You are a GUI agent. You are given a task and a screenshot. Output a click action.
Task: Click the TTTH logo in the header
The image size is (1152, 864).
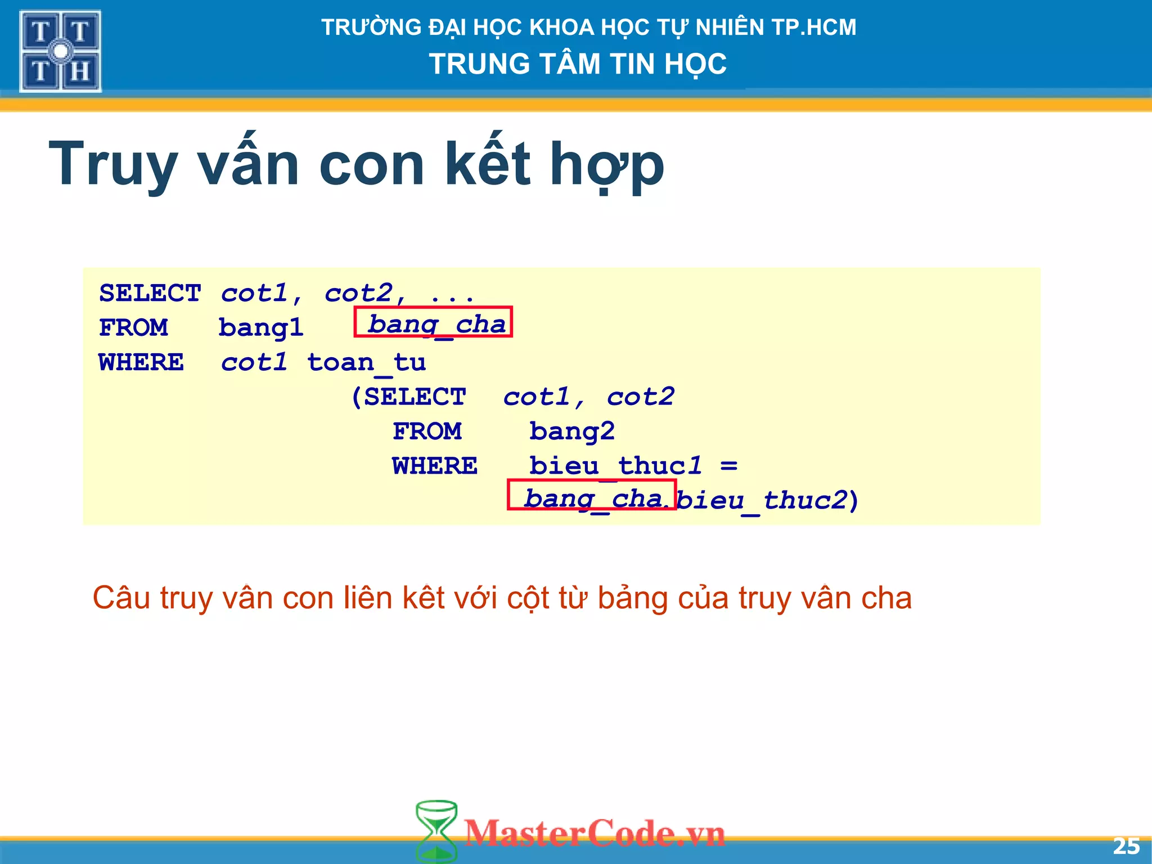[60, 51]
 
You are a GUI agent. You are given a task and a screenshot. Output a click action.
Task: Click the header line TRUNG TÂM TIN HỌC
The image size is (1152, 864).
[578, 64]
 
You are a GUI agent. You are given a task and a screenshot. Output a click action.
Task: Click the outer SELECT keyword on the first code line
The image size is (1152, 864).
[150, 293]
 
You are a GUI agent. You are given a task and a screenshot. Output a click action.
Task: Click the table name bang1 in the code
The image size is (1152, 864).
[260, 328]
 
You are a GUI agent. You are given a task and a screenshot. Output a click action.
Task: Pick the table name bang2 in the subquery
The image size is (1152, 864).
[571, 431]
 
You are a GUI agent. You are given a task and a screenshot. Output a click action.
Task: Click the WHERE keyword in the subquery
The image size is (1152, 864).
[434, 466]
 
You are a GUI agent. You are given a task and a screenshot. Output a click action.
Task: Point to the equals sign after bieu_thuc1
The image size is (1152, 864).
[728, 466]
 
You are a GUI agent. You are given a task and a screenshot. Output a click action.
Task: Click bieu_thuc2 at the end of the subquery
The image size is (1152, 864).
[762, 500]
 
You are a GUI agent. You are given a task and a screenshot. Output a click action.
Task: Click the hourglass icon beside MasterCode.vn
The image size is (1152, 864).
[436, 831]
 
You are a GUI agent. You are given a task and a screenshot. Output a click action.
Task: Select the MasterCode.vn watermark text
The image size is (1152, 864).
[595, 833]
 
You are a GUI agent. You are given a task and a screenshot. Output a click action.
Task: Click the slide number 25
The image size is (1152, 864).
[1126, 846]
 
